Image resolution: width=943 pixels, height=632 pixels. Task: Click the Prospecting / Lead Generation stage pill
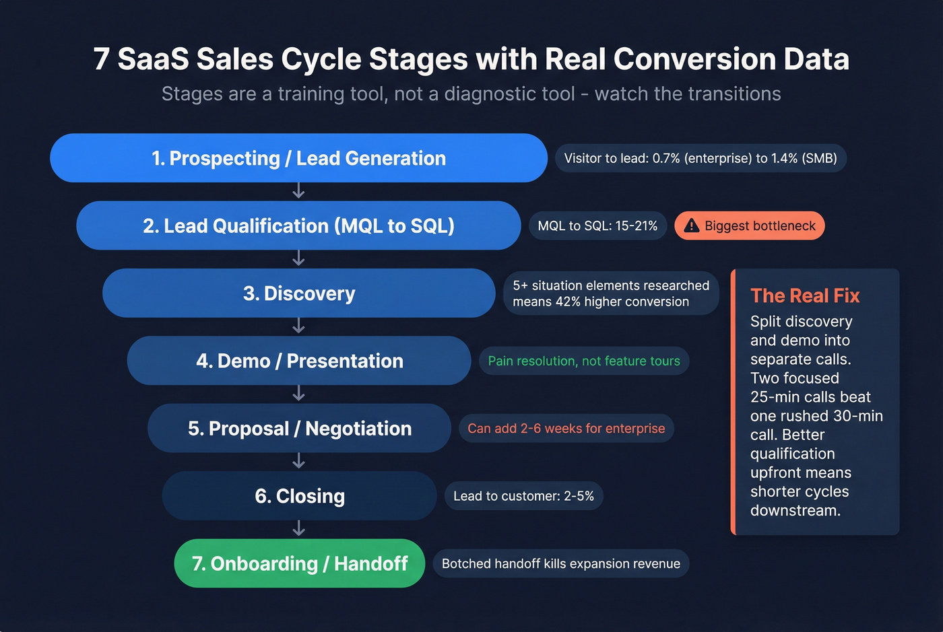point(298,158)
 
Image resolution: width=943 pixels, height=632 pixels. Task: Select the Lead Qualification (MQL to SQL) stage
point(298,225)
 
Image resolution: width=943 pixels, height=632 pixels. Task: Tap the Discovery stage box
point(298,293)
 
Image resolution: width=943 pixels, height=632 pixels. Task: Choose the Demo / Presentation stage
point(298,361)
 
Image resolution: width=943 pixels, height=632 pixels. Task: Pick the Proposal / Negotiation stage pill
point(298,428)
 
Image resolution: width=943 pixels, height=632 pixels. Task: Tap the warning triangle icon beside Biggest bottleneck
point(691,225)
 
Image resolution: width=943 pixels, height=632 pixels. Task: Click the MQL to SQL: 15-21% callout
point(597,225)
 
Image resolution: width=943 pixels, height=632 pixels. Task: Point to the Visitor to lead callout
point(700,158)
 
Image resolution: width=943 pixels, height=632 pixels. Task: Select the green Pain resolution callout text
point(583,361)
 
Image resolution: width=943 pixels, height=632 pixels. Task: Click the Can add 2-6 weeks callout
point(566,428)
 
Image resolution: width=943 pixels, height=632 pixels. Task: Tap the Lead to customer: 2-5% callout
point(523,496)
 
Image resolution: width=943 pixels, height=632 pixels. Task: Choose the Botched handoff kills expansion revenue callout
point(560,563)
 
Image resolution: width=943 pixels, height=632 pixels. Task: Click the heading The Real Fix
point(805,295)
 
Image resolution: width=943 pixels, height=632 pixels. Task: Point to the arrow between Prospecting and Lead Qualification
point(298,192)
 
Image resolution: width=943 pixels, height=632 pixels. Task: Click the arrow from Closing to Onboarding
point(298,529)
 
